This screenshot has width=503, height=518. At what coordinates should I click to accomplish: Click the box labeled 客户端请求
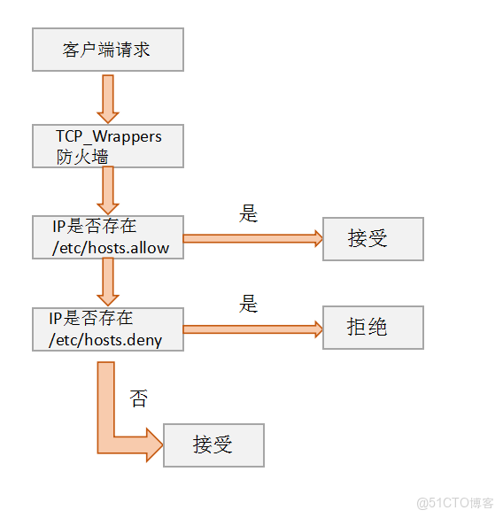[x=107, y=50]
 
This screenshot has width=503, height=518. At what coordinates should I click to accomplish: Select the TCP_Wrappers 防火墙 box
[x=107, y=146]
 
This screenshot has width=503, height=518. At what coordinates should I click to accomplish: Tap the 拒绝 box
[x=373, y=328]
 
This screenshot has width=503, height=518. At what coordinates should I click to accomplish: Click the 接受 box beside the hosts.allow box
[x=373, y=238]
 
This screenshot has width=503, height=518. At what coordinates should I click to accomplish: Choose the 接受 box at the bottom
[x=213, y=445]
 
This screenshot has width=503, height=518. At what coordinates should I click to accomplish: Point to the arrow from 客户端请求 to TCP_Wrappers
[x=108, y=97]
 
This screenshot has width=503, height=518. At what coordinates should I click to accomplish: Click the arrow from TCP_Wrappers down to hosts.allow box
[x=108, y=190]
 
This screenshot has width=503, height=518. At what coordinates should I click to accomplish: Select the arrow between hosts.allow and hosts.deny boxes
[x=108, y=282]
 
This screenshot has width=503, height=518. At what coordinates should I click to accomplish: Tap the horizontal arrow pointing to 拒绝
[x=252, y=329]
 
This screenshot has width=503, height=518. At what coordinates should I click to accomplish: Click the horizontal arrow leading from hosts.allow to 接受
[x=252, y=238]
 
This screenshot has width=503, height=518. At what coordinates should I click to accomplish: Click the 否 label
[x=138, y=398]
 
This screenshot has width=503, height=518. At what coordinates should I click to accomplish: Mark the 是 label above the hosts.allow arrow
[x=248, y=213]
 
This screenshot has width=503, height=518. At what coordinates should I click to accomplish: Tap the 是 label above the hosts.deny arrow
[x=248, y=304]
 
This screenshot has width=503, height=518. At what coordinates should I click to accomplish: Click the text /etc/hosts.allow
[x=112, y=248]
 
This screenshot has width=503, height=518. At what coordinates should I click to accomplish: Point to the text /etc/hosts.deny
[x=108, y=339]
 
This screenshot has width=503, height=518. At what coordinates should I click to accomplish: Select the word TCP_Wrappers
[x=108, y=137]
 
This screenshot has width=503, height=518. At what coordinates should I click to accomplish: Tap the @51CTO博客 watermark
[x=454, y=502]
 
